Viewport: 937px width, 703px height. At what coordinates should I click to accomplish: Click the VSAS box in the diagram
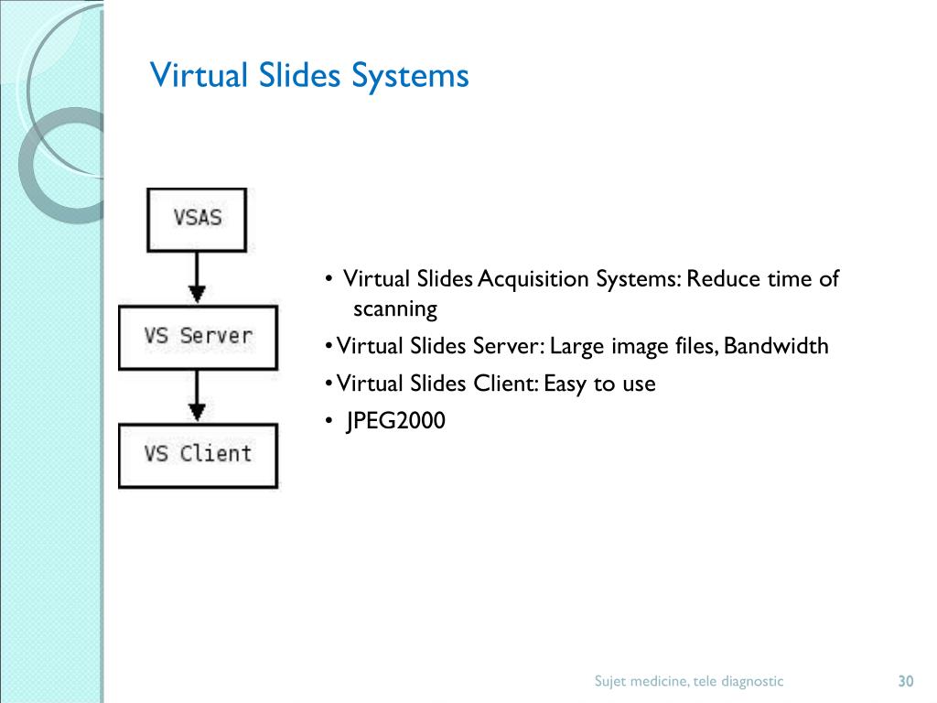pos(197,220)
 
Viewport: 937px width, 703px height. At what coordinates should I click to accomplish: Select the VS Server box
pos(198,336)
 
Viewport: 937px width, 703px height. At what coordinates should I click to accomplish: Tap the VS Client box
pos(198,454)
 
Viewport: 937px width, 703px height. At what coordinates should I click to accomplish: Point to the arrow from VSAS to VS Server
pos(196,277)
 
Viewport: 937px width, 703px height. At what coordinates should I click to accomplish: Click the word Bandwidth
pos(776,346)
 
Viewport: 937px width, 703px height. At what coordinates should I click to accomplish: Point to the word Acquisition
pos(535,279)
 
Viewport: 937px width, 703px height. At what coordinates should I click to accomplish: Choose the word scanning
pos(395,309)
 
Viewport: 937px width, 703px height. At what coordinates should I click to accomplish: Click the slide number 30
pos(906,681)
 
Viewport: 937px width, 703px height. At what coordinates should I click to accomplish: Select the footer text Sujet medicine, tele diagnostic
pos(689,681)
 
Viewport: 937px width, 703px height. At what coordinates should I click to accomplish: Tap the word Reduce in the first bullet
pos(719,279)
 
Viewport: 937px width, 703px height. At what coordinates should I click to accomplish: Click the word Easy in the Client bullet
pos(565,384)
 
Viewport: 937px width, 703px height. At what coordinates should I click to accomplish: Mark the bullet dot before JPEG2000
pos(328,421)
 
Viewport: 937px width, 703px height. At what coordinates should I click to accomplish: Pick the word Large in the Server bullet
pos(574,346)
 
